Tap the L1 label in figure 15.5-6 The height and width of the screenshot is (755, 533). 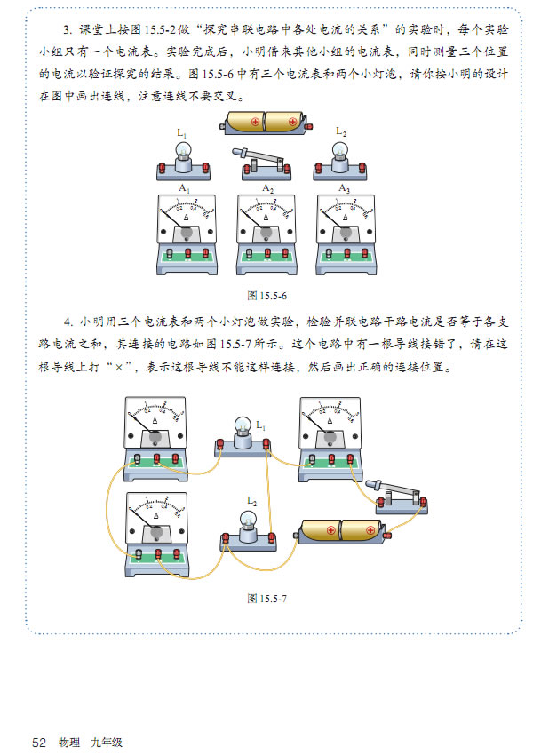[x=181, y=133]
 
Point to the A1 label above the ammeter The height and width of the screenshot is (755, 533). [x=184, y=188]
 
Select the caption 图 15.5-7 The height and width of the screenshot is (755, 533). [x=266, y=598]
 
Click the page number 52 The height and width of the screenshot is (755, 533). [x=38, y=742]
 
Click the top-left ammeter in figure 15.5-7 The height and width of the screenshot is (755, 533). [x=157, y=431]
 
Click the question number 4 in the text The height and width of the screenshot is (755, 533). [x=67, y=322]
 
